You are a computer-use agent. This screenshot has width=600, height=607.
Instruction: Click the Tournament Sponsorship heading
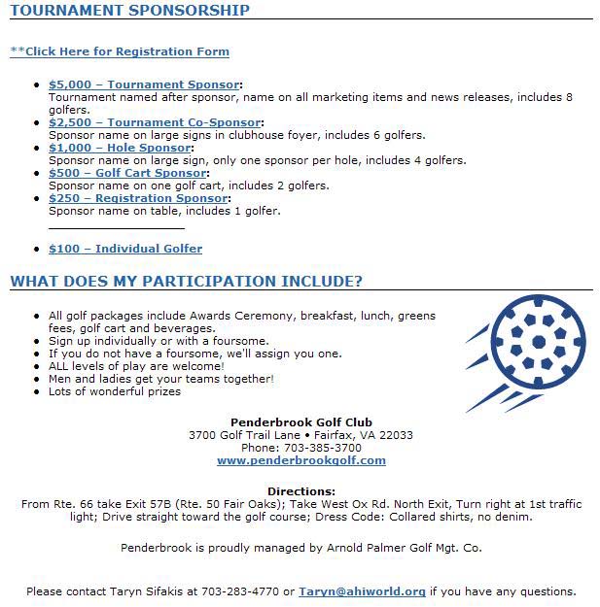coord(129,11)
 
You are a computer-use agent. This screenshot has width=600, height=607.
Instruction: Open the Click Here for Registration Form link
coord(120,51)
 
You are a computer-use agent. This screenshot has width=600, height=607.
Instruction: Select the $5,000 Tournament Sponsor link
coord(144,85)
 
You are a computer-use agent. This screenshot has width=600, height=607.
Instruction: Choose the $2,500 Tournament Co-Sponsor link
coord(155,123)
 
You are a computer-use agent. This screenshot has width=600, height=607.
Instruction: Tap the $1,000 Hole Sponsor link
coord(121,149)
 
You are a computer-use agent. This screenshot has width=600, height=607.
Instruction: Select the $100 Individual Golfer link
coord(125,249)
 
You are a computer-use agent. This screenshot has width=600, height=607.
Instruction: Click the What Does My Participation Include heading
coord(186,282)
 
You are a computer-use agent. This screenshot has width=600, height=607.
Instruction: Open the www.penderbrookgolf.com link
coord(300,461)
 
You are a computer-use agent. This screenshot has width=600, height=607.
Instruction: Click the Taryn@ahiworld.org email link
coord(362,591)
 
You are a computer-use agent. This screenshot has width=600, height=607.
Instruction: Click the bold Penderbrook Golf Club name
coord(300,422)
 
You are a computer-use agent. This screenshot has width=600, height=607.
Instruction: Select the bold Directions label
coord(300,492)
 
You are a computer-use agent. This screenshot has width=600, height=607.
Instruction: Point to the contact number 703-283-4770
coord(243,591)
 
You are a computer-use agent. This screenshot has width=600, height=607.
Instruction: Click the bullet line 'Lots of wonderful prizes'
coord(115,392)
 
